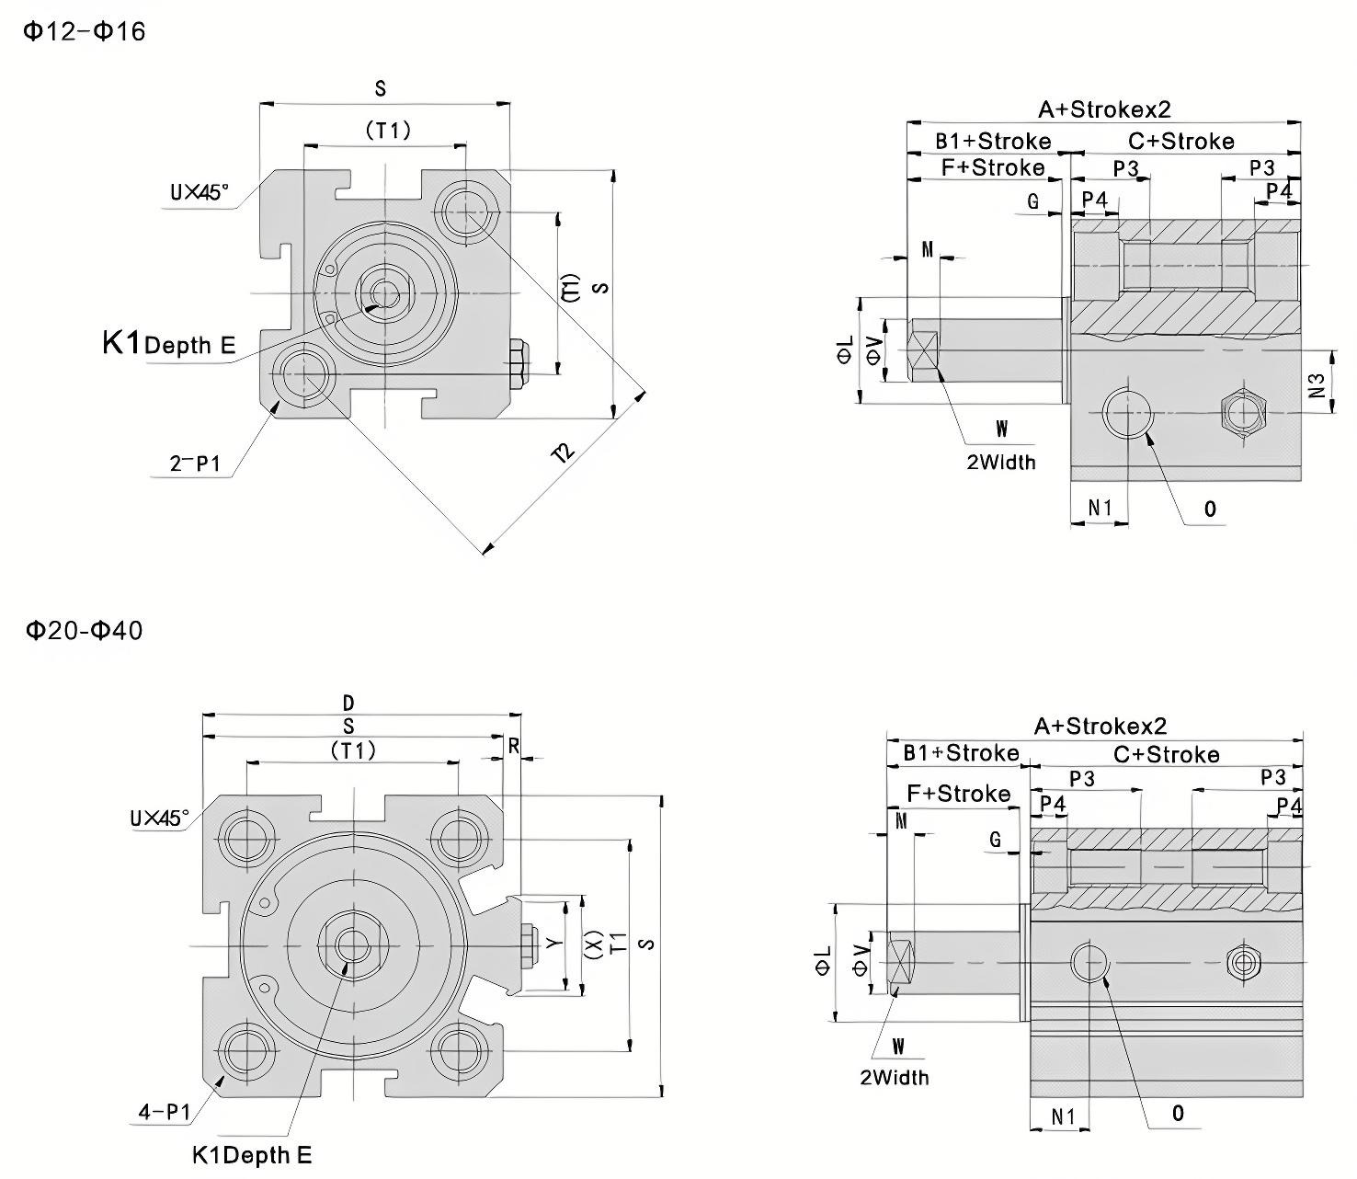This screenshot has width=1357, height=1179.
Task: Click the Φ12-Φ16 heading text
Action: [x=84, y=31]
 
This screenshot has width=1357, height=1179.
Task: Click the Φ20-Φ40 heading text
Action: [x=84, y=631]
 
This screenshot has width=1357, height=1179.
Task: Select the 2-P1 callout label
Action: [x=195, y=464]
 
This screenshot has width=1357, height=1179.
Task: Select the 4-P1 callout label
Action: [x=164, y=1112]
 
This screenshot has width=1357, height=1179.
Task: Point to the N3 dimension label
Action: [x=1317, y=383]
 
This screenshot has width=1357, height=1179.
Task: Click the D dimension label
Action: [x=348, y=704]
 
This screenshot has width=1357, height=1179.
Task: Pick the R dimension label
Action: [x=514, y=747]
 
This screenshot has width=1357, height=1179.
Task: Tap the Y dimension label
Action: [x=553, y=944]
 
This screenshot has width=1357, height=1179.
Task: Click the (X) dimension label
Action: [x=594, y=944]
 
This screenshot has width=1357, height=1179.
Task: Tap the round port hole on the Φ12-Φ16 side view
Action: [x=1128, y=413]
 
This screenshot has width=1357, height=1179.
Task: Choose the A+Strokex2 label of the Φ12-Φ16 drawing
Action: [x=1104, y=109]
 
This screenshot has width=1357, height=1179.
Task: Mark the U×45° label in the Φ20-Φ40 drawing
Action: [x=160, y=818]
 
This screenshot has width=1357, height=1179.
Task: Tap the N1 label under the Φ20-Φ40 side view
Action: [x=1063, y=1116]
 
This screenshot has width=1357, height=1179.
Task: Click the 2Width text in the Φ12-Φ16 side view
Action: [x=1000, y=462]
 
